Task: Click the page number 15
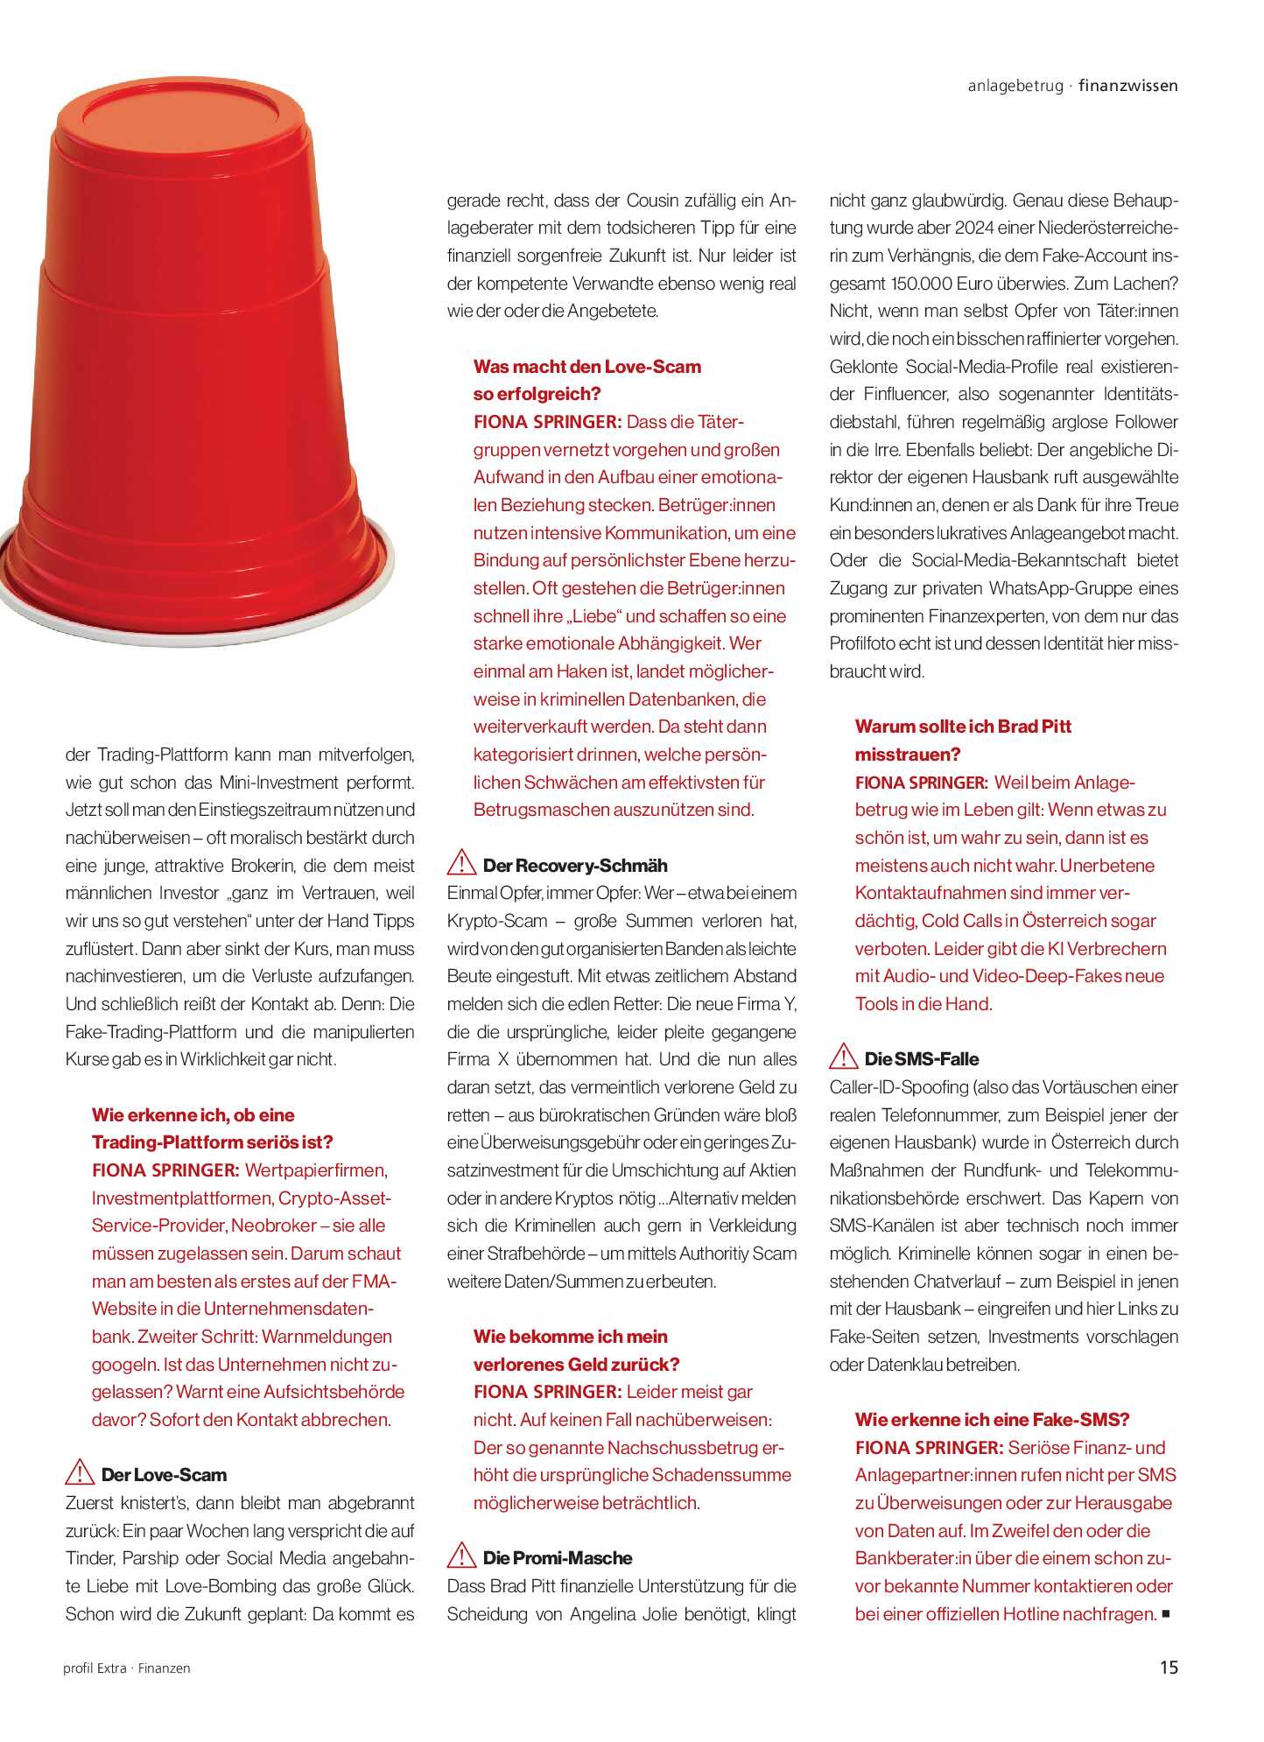[x=1169, y=1668]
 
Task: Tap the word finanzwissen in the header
[x=1128, y=86]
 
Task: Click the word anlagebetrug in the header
[x=1015, y=86]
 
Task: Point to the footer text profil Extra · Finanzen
[x=127, y=1668]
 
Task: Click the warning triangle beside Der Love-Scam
[x=80, y=1473]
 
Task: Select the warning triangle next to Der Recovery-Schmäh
[x=461, y=864]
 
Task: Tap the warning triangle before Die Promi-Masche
[x=461, y=1557]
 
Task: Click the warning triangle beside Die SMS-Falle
[x=843, y=1057]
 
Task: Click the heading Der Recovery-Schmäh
[x=575, y=866]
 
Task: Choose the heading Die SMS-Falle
[x=922, y=1059]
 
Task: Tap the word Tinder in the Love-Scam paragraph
[x=89, y=1558]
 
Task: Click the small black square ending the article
[x=1166, y=1613]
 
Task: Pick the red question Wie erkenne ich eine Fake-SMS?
[x=993, y=1419]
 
